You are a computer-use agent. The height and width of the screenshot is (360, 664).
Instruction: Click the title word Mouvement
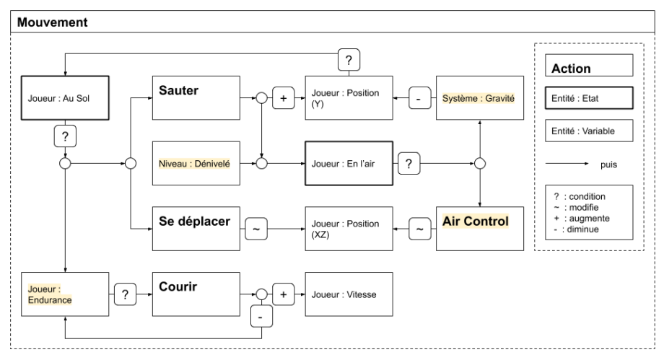point(53,22)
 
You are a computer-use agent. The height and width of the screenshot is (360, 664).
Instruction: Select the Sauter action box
point(195,98)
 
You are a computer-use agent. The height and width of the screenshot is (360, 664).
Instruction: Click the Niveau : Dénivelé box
point(195,164)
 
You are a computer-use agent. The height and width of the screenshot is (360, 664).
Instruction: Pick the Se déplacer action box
point(195,228)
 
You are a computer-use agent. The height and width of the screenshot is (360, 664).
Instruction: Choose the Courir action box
point(195,294)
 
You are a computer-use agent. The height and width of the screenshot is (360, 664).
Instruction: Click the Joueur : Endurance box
point(65,294)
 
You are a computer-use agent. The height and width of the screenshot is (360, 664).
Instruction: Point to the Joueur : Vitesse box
point(349,294)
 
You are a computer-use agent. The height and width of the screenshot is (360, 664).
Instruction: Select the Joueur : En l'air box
point(349,164)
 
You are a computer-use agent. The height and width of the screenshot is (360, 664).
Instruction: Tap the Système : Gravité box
point(479,98)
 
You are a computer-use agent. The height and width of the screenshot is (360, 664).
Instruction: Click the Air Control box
point(479,228)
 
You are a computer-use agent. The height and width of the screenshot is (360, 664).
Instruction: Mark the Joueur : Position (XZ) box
point(349,228)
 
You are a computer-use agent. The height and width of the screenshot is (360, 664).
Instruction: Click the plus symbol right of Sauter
point(284,98)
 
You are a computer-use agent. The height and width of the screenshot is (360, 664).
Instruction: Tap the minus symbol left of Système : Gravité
point(419,98)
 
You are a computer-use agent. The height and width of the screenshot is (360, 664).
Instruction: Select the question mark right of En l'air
point(409,164)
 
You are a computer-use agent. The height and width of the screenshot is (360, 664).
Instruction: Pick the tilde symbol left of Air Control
point(419,228)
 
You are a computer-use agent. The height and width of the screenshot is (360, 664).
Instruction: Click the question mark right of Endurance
point(125,294)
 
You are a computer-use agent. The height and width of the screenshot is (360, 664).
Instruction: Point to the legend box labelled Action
point(588,69)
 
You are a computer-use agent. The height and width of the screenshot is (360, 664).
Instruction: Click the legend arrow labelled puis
point(570,164)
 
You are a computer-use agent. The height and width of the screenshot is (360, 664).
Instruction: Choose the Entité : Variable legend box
point(588,131)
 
